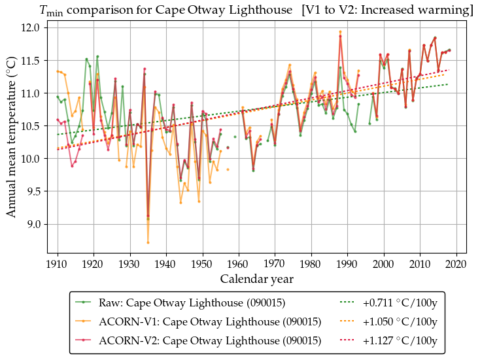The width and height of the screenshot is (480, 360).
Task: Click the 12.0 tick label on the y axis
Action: pos(30,27)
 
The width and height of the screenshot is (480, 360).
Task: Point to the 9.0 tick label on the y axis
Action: pos(33,224)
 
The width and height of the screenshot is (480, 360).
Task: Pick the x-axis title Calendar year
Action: pos(256,279)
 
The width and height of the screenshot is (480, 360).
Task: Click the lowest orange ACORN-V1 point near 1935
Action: pos(148,242)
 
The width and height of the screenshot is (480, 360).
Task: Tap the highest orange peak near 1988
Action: pos(340,31)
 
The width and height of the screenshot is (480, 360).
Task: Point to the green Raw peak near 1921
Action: pos(97,56)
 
